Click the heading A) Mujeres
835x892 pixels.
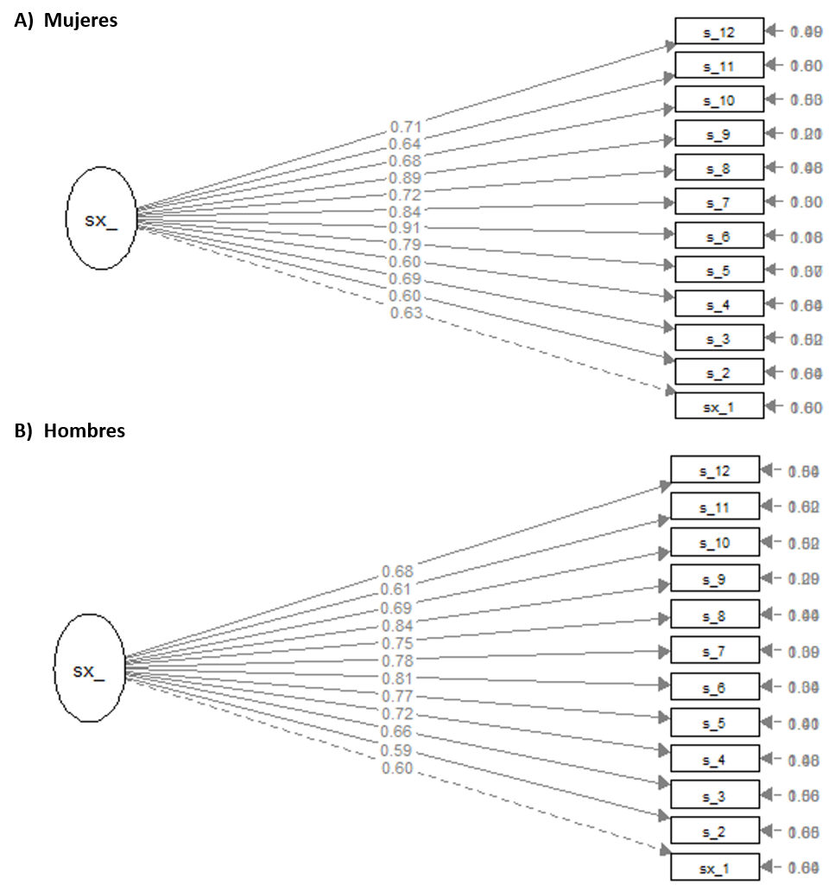[x=66, y=22]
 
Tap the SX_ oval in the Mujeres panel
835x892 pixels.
[x=101, y=220]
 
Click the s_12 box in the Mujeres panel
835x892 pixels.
[x=718, y=31]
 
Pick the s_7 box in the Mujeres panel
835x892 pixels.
[x=718, y=201]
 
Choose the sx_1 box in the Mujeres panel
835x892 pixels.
[x=718, y=406]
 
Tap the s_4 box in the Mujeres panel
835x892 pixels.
[x=718, y=303]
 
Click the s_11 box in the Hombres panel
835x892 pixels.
[x=714, y=507]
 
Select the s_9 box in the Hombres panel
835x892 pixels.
[x=714, y=578]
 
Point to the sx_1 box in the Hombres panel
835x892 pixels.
[x=714, y=867]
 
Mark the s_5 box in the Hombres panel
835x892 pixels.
[x=714, y=723]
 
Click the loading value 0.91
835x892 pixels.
[x=405, y=229]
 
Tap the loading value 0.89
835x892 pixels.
[x=405, y=178]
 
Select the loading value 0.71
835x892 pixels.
[x=405, y=128]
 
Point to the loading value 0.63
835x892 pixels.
[x=406, y=313]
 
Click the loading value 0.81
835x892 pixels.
[x=397, y=678]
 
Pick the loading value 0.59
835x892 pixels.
[x=397, y=750]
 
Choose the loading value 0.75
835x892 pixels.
[x=397, y=642]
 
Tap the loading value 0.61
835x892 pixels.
[x=397, y=589]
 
